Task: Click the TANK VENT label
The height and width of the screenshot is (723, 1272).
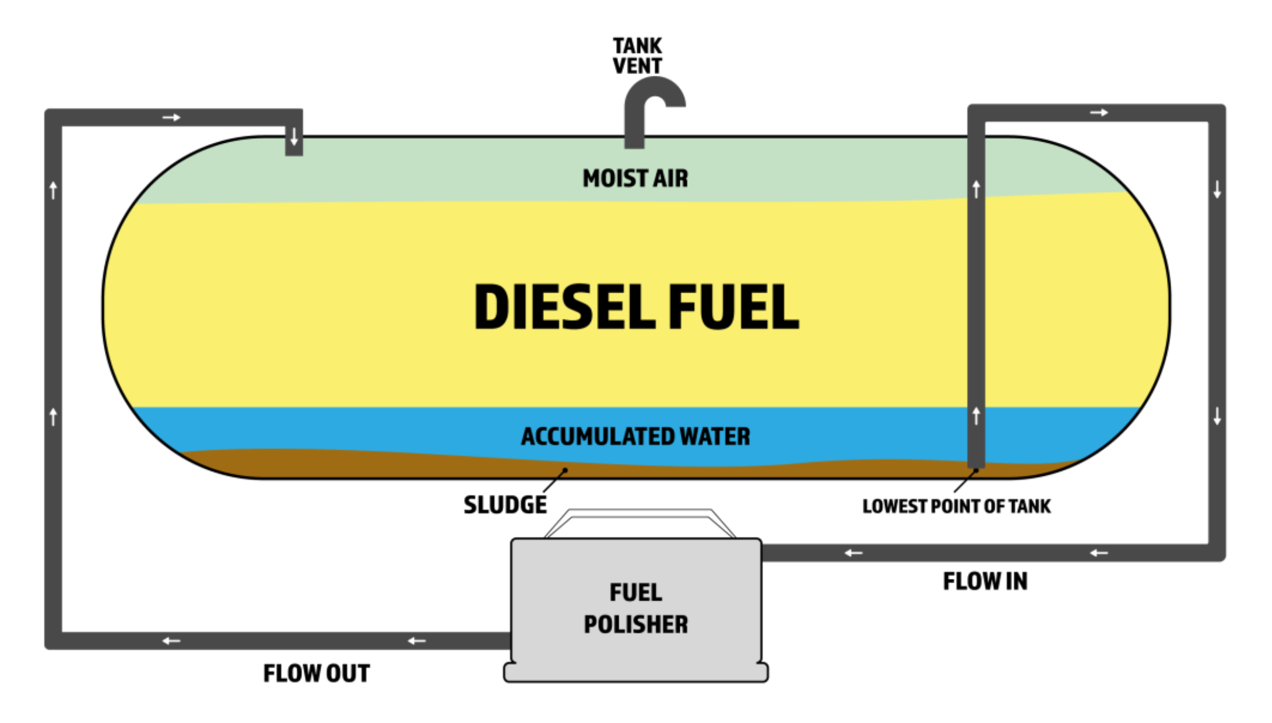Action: (x=637, y=56)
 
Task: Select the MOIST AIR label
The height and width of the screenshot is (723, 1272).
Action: (x=635, y=178)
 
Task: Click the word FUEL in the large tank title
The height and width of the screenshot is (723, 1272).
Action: (x=733, y=307)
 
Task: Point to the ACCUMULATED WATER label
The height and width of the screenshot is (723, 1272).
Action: (x=635, y=437)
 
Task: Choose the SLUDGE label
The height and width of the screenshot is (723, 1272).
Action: (x=505, y=505)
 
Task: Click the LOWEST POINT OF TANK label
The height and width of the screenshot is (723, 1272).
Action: (x=957, y=506)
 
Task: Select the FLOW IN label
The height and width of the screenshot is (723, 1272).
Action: (x=985, y=581)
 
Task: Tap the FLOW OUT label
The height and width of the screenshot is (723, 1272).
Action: (x=316, y=673)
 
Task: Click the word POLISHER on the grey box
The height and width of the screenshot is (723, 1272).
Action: (x=635, y=624)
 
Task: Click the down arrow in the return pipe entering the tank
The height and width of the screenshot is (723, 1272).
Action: (x=294, y=136)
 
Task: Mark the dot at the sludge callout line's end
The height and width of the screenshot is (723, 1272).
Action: (x=565, y=470)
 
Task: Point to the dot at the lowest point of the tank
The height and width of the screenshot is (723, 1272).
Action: (x=975, y=470)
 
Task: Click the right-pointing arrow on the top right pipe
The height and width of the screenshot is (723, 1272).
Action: (x=1099, y=113)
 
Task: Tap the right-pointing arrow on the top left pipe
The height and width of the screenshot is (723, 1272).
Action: (x=171, y=118)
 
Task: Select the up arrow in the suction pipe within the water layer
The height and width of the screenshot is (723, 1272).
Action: (x=976, y=416)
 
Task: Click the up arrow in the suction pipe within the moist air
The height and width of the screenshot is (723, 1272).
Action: (x=976, y=189)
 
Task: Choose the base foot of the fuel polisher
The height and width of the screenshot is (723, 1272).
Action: (x=635, y=673)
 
